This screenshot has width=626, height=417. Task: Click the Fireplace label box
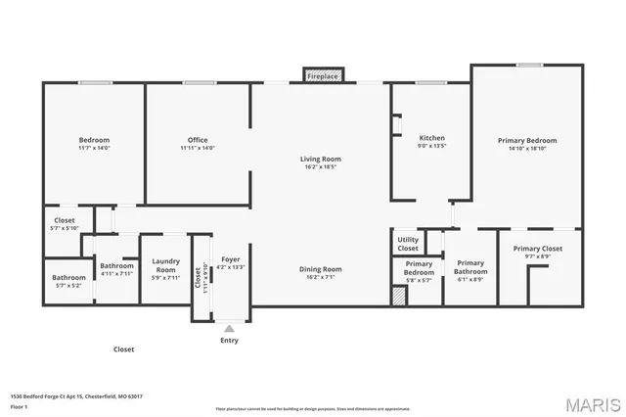(x=323, y=75)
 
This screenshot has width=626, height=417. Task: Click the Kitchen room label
(x=431, y=138)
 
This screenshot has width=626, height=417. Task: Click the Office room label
(x=198, y=140)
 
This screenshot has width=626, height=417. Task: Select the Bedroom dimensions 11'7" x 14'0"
(x=94, y=149)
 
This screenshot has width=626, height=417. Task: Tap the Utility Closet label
(x=408, y=244)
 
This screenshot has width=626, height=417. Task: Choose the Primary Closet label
(x=538, y=249)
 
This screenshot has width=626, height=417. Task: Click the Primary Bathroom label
(x=469, y=266)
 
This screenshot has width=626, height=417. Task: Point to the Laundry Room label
(x=166, y=265)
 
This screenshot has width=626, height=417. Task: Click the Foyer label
(x=231, y=259)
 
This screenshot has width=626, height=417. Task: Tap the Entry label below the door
(x=229, y=341)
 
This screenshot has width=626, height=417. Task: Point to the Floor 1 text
(x=19, y=406)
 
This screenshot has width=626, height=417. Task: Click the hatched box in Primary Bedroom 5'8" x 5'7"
(x=399, y=296)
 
